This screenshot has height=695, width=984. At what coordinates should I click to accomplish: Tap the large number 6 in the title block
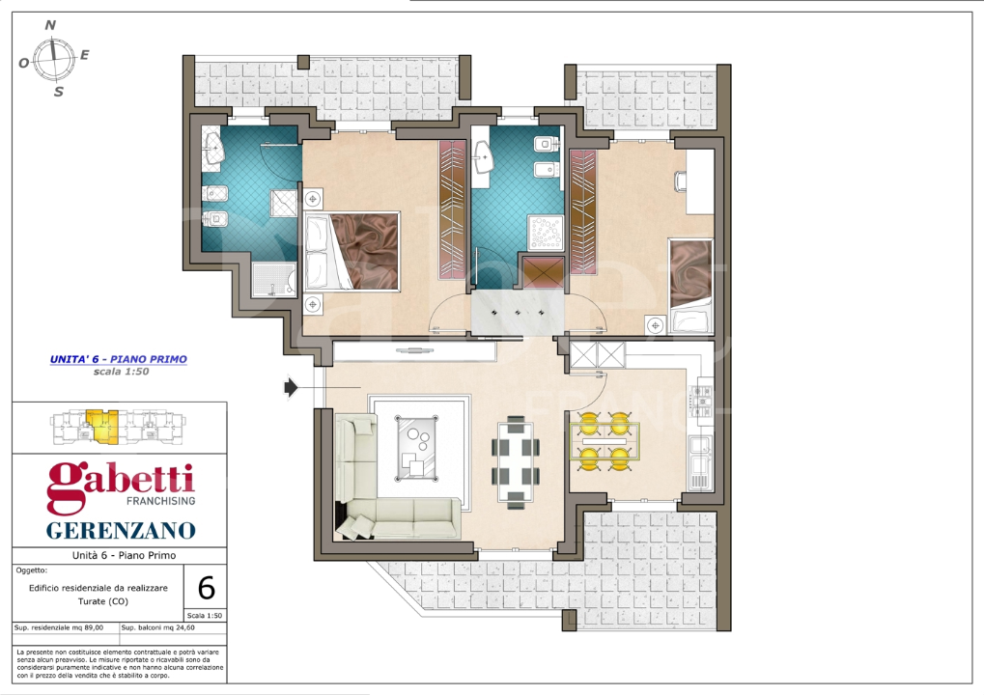click(x=205, y=587)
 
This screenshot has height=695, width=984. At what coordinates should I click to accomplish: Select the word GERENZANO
click(x=121, y=530)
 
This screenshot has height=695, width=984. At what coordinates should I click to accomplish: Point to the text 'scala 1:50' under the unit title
click(x=119, y=372)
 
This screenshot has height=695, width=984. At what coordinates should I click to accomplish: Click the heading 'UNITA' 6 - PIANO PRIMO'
click(x=118, y=359)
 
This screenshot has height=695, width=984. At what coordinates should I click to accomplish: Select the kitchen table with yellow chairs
click(x=604, y=440)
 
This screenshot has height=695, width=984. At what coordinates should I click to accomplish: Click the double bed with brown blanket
click(x=351, y=252)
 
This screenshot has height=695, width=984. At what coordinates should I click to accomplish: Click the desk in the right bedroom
click(x=699, y=182)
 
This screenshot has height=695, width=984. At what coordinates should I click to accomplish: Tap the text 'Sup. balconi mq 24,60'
click(x=158, y=628)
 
